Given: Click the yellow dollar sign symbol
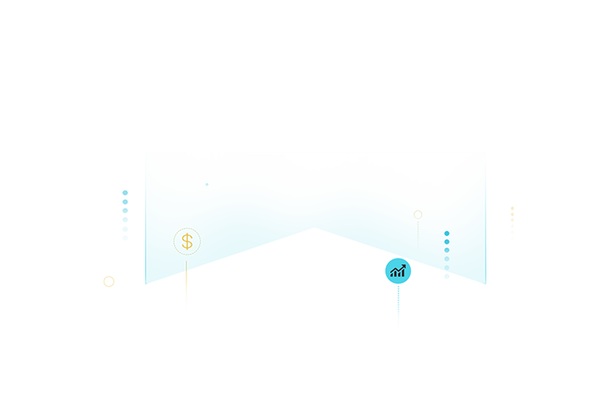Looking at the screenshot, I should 187,242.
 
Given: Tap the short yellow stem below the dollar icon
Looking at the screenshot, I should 186,265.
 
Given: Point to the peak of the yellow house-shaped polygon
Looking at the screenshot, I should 186,273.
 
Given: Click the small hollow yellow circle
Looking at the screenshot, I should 418,215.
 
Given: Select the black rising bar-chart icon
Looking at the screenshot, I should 398,271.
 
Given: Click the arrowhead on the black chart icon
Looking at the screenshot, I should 403,267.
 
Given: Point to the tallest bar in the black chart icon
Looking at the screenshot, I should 403,273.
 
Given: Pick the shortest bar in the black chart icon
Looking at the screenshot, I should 392,274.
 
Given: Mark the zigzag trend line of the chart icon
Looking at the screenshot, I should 397,268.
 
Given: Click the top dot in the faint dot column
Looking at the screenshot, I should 447,234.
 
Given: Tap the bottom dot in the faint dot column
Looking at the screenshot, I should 447,268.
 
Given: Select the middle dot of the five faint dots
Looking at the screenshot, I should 447,250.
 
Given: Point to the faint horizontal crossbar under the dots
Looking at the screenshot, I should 446,276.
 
